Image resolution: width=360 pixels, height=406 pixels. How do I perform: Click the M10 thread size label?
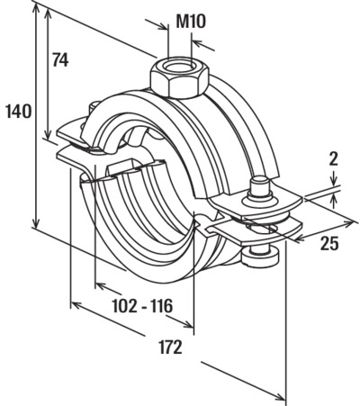[x=191, y=22]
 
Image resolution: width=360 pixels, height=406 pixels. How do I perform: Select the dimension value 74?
[x=60, y=59]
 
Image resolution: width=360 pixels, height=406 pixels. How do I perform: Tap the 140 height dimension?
[x=18, y=111]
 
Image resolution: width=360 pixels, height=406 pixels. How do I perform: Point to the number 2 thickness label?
[x=333, y=159]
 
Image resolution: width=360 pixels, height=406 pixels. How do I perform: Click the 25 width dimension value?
[x=329, y=243]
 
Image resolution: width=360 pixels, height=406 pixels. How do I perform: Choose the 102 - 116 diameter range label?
[x=142, y=306]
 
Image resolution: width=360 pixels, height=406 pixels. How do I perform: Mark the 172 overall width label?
[x=170, y=347]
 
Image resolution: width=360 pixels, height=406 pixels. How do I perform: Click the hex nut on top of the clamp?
[x=179, y=78]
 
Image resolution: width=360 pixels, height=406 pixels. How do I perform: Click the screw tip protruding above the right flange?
[x=260, y=186]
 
